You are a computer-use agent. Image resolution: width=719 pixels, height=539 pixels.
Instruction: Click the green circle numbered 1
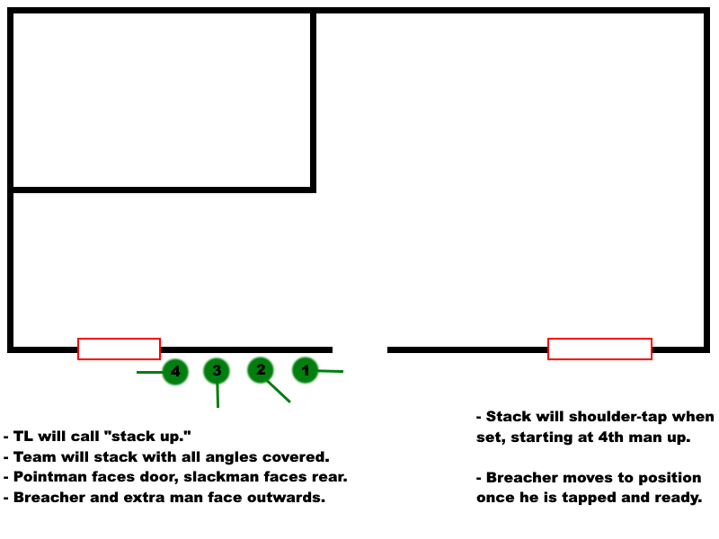pos(306,369)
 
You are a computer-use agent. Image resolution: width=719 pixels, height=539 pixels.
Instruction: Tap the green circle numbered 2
pos(261,369)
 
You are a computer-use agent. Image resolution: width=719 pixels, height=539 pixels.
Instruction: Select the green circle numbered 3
pos(217,370)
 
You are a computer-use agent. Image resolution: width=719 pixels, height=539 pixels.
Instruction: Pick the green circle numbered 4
pos(175,372)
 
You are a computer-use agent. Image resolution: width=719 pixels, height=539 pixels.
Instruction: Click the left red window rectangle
pos(119,349)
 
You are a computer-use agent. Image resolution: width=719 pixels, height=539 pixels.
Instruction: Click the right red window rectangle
pos(599,349)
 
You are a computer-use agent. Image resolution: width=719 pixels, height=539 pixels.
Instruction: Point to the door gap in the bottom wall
pos(359,349)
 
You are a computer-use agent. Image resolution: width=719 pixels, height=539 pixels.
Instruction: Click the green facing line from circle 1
pos(331,370)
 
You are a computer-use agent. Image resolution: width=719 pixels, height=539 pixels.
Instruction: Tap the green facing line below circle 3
pos(217,395)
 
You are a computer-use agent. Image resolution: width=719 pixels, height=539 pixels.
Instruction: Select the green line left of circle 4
pos(149,372)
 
